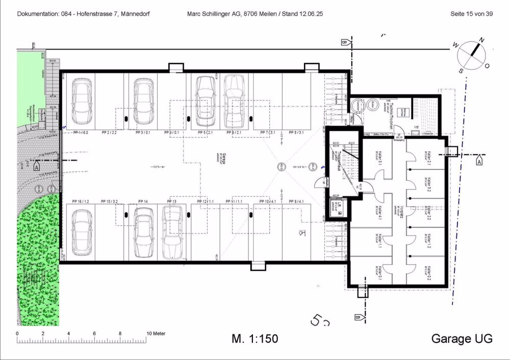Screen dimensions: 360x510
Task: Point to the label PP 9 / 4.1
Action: (296, 201)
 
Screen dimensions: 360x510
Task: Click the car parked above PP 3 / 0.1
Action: (144, 100)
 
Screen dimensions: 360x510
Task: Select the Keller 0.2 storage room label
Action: (429, 273)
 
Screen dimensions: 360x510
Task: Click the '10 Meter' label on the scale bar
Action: (157, 333)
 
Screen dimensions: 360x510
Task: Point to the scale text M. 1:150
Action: (255, 339)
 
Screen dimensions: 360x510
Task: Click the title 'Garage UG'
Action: (462, 339)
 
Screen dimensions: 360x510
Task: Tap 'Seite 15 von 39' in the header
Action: (471, 14)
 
